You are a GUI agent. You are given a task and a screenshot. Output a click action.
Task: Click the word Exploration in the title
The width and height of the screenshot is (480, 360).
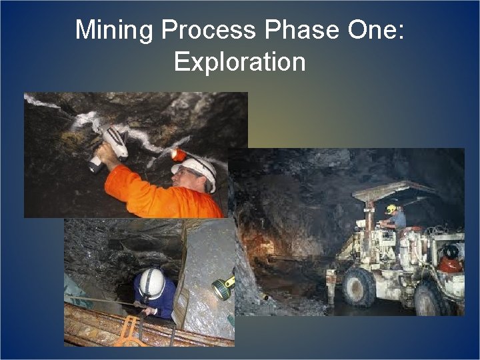tap(239, 62)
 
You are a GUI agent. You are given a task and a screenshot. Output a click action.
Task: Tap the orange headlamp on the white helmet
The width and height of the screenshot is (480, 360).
tap(179, 155)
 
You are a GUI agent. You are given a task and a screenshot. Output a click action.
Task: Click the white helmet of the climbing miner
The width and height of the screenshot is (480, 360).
tap(152, 283)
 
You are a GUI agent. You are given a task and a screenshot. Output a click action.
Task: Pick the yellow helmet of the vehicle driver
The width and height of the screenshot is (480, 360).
tap(392, 209)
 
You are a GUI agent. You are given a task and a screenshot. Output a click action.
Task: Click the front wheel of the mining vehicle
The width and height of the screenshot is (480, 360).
tap(359, 287)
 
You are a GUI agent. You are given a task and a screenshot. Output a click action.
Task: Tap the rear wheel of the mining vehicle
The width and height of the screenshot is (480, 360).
tap(430, 299)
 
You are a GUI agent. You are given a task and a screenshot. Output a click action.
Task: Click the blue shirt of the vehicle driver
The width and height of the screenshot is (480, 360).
tap(399, 221)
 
